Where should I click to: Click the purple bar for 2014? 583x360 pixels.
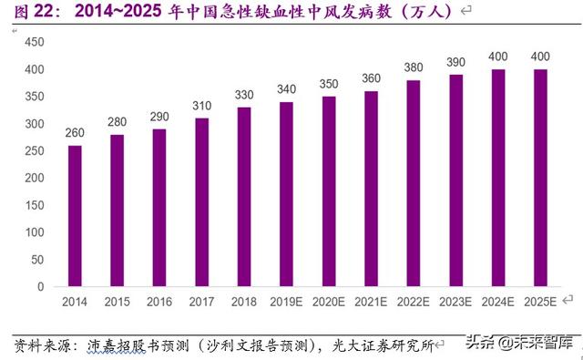point(75,215)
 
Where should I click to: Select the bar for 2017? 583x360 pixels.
point(201,201)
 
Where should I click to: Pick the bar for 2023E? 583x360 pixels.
point(455,180)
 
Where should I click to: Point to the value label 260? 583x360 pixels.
point(75,134)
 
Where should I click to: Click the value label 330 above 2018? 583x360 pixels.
point(244,96)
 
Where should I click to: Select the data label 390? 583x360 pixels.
point(455,63)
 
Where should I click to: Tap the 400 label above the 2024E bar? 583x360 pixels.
point(498,57)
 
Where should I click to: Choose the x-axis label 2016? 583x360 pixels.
point(159,301)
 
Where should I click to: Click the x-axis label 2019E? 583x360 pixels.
point(286,301)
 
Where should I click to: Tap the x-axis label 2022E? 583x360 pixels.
point(413,301)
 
